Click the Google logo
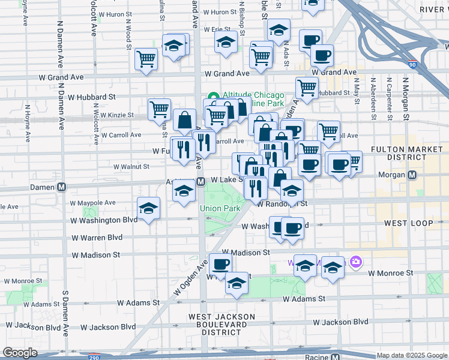click(19, 353)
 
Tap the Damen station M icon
click(62, 187)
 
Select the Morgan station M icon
click(412, 175)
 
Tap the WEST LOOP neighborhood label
click(408, 223)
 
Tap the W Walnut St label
click(131, 166)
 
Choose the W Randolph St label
click(282, 203)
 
